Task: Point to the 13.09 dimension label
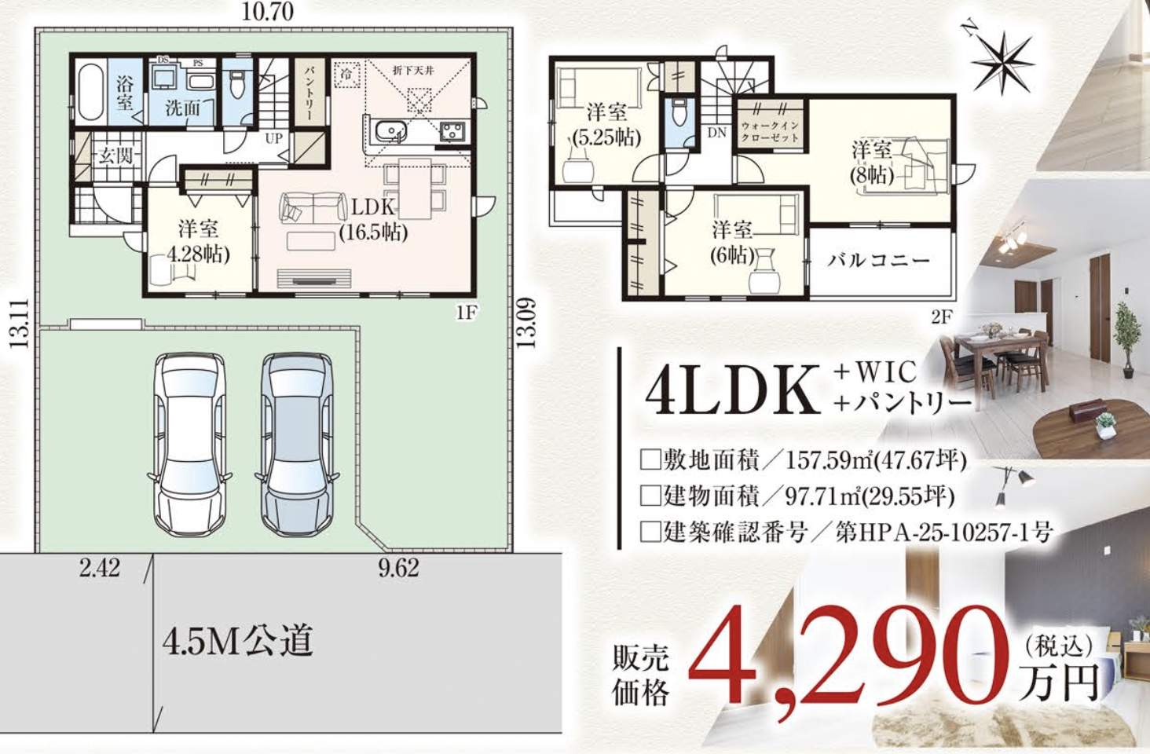[x=527, y=322]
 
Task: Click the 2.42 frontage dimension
[x=99, y=568]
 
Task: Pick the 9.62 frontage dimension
[x=398, y=568]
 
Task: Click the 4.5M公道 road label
[x=237, y=641]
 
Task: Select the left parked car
[x=189, y=444]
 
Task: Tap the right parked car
[x=296, y=444]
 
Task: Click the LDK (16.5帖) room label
[x=374, y=219]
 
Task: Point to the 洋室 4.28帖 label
[x=197, y=241]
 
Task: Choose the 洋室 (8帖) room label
[x=871, y=162]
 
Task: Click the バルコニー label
[x=878, y=260]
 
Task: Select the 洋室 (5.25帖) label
[x=606, y=125]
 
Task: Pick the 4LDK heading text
[x=731, y=390]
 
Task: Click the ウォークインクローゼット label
[x=769, y=131]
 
